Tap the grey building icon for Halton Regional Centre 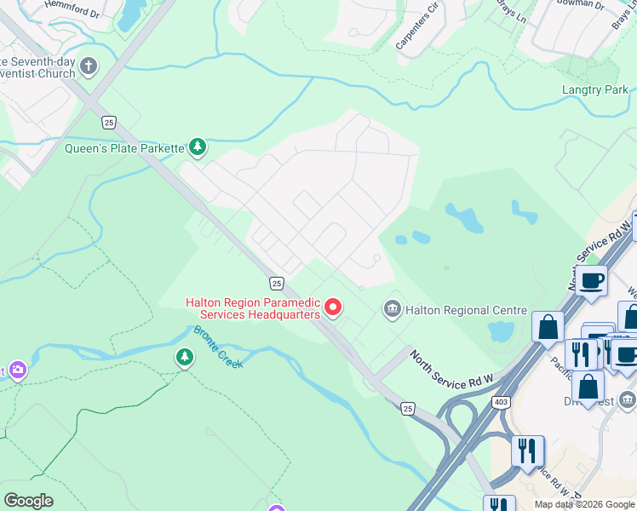pyautogui.click(x=392, y=308)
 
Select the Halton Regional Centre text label pyautogui.click(x=466, y=311)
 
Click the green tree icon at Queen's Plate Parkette pyautogui.click(x=198, y=147)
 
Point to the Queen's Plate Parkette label pyautogui.click(x=124, y=148)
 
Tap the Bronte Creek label pyautogui.click(x=218, y=347)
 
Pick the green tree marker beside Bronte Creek pyautogui.click(x=185, y=357)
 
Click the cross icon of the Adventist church pyautogui.click(x=89, y=66)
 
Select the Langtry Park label pyautogui.click(x=594, y=89)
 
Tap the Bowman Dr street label pyautogui.click(x=582, y=5)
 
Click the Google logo pyautogui.click(x=28, y=501)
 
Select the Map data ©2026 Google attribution pyautogui.click(x=585, y=504)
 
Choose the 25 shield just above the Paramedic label pyautogui.click(x=276, y=282)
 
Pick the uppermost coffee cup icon pyautogui.click(x=591, y=279)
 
